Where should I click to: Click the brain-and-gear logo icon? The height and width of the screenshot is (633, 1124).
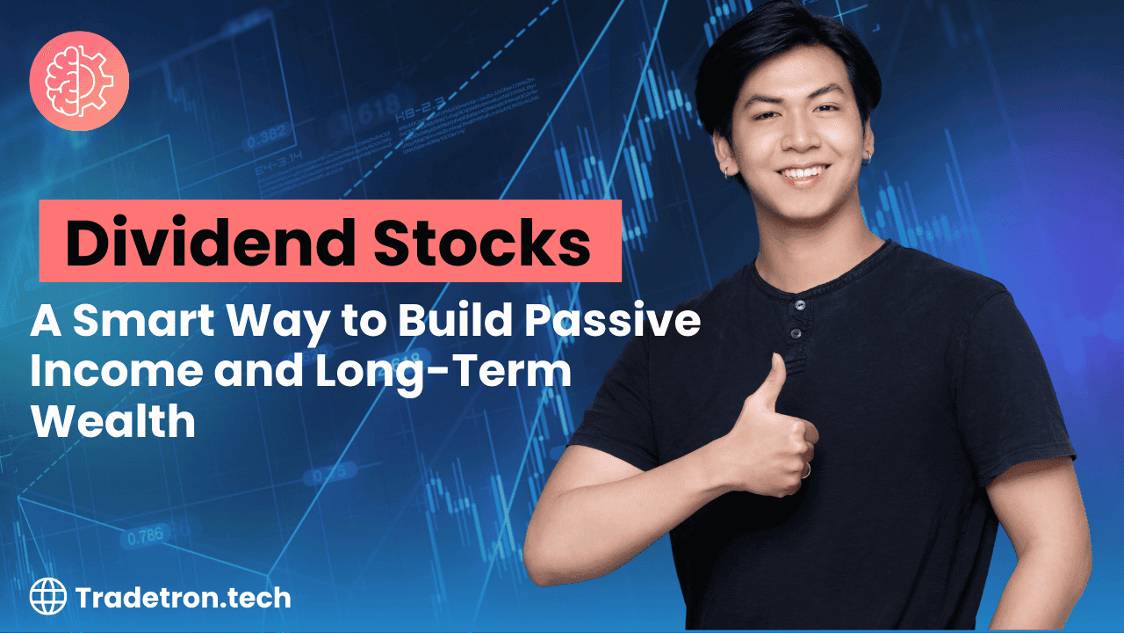(79, 81)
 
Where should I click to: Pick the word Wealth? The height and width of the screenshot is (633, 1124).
(114, 422)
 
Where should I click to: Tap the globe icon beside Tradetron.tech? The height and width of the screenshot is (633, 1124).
(48, 598)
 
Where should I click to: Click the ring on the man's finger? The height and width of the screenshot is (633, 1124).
(804, 471)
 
